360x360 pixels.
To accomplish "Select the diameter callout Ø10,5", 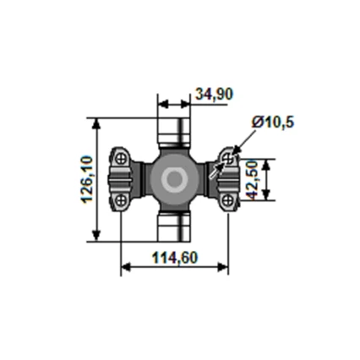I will pyautogui.click(x=272, y=123).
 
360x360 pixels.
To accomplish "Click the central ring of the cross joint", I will pyautogui.click(x=175, y=179).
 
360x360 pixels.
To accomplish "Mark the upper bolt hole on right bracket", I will pyautogui.click(x=228, y=158).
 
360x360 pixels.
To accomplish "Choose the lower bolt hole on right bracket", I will pyautogui.click(x=228, y=200).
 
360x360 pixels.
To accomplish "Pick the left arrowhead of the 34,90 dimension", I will pyautogui.click(x=162, y=105).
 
